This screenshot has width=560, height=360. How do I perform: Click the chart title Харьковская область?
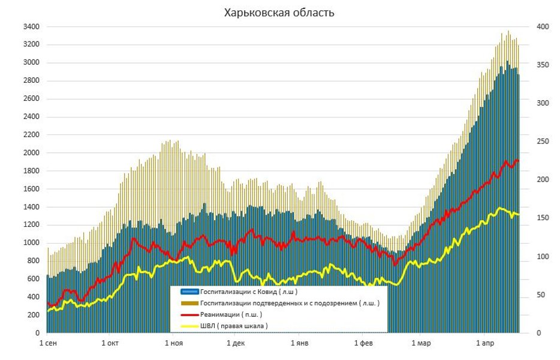279,12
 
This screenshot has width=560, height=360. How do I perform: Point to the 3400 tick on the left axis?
31,27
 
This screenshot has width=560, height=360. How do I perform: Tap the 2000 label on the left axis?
31,153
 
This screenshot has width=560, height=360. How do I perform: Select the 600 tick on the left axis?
34,279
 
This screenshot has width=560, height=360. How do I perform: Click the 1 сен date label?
49,344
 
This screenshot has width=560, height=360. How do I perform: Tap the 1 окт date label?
110,344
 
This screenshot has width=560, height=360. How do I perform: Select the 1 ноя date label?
173,344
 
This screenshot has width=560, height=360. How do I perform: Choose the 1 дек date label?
236,344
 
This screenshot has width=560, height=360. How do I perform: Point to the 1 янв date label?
299,344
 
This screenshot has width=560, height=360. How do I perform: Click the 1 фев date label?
363,344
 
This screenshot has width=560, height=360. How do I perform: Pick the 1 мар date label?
421,344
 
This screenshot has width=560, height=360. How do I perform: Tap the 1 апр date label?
484,344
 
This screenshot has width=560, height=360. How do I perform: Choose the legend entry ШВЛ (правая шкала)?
234,326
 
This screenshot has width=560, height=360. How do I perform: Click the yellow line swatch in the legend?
189,326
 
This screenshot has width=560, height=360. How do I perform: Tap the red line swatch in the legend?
189,314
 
